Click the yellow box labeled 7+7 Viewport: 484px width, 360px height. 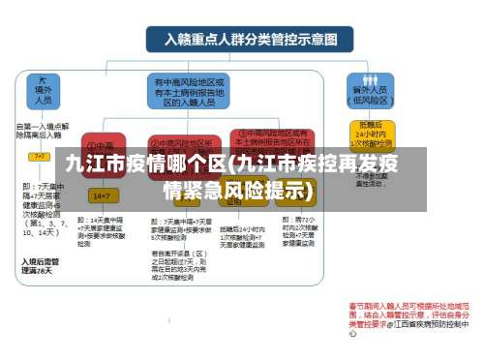[x=40, y=156]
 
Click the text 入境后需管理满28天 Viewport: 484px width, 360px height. [x=38, y=266]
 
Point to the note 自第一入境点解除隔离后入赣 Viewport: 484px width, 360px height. [x=43, y=131]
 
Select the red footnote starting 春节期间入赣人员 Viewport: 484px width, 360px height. [x=407, y=315]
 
